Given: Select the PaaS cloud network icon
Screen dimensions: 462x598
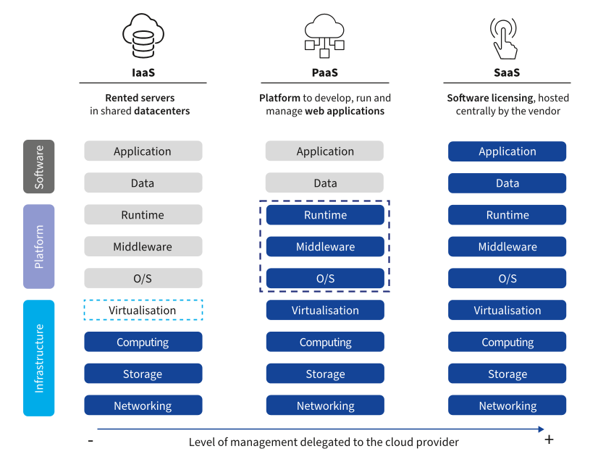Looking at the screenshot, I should coord(324,36).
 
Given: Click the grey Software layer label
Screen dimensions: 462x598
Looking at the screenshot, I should coord(39,167).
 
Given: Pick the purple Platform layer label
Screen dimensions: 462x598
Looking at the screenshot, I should coord(39,247).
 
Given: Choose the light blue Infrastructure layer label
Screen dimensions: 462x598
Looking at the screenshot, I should coord(39,358).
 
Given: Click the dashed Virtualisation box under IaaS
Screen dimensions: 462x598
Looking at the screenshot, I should coord(143,310).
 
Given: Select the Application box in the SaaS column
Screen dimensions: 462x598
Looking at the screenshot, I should coord(507,151).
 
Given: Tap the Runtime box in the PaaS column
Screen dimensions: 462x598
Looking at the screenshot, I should coord(325,215).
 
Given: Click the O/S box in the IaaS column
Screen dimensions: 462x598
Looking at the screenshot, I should coord(143,279).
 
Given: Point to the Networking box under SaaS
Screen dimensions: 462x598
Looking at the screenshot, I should coord(507,406).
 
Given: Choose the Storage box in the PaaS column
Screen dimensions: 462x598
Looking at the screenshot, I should coord(325,374).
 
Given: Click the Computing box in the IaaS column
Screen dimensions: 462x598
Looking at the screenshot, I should coord(143,342).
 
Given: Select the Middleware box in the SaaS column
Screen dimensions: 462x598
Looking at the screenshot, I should coord(507,247).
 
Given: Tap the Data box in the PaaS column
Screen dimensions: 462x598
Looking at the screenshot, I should coord(325,183).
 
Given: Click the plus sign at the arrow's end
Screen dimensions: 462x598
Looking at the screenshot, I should coord(549,440).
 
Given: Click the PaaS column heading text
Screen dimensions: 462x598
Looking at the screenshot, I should coord(324,72).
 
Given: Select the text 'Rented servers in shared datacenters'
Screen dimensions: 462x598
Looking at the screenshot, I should coord(140,104).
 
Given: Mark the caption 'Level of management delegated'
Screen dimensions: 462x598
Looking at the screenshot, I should coord(324,442).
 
